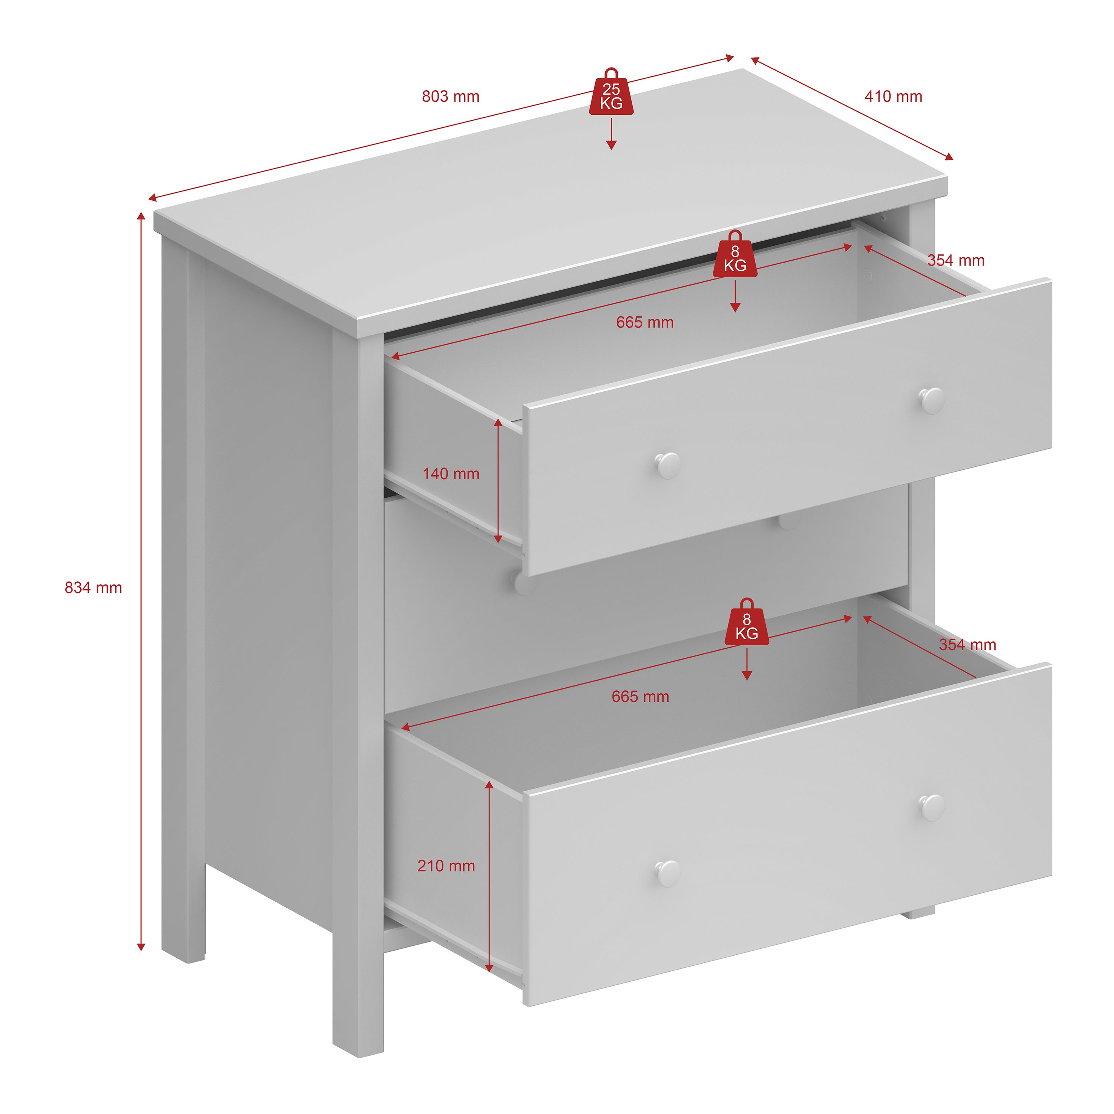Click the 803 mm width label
(450, 96)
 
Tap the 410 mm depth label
(893, 96)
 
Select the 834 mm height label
(94, 587)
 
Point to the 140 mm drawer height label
(451, 474)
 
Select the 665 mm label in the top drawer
(645, 322)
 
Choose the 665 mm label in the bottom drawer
(640, 697)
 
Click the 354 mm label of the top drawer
(955, 260)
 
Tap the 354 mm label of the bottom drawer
(967, 645)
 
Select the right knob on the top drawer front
(931, 400)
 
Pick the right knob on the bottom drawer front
(931, 807)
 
